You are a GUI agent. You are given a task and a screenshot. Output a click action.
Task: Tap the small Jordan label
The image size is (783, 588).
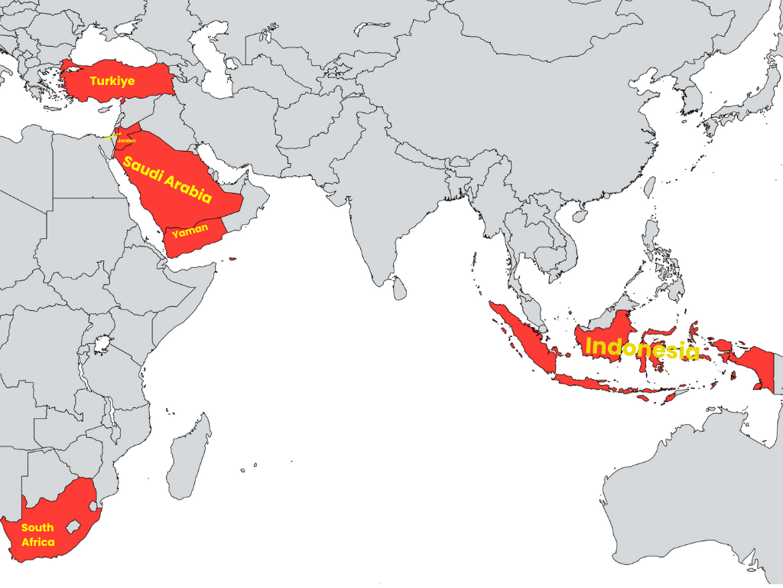click(x=126, y=141)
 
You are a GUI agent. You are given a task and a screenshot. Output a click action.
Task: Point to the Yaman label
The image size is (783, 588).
click(x=190, y=230)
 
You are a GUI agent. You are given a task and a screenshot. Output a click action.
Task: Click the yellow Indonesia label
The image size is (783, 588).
click(x=642, y=348)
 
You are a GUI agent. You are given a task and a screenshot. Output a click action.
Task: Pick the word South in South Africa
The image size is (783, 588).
click(x=37, y=528)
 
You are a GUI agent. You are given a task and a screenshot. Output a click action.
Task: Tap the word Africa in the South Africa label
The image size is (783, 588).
click(x=38, y=542)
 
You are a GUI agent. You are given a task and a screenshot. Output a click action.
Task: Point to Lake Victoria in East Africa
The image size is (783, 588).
click(x=101, y=343)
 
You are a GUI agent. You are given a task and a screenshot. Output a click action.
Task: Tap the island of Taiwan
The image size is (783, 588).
click(x=649, y=187)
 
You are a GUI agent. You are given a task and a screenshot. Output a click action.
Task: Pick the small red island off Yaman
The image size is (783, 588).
click(x=232, y=260)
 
